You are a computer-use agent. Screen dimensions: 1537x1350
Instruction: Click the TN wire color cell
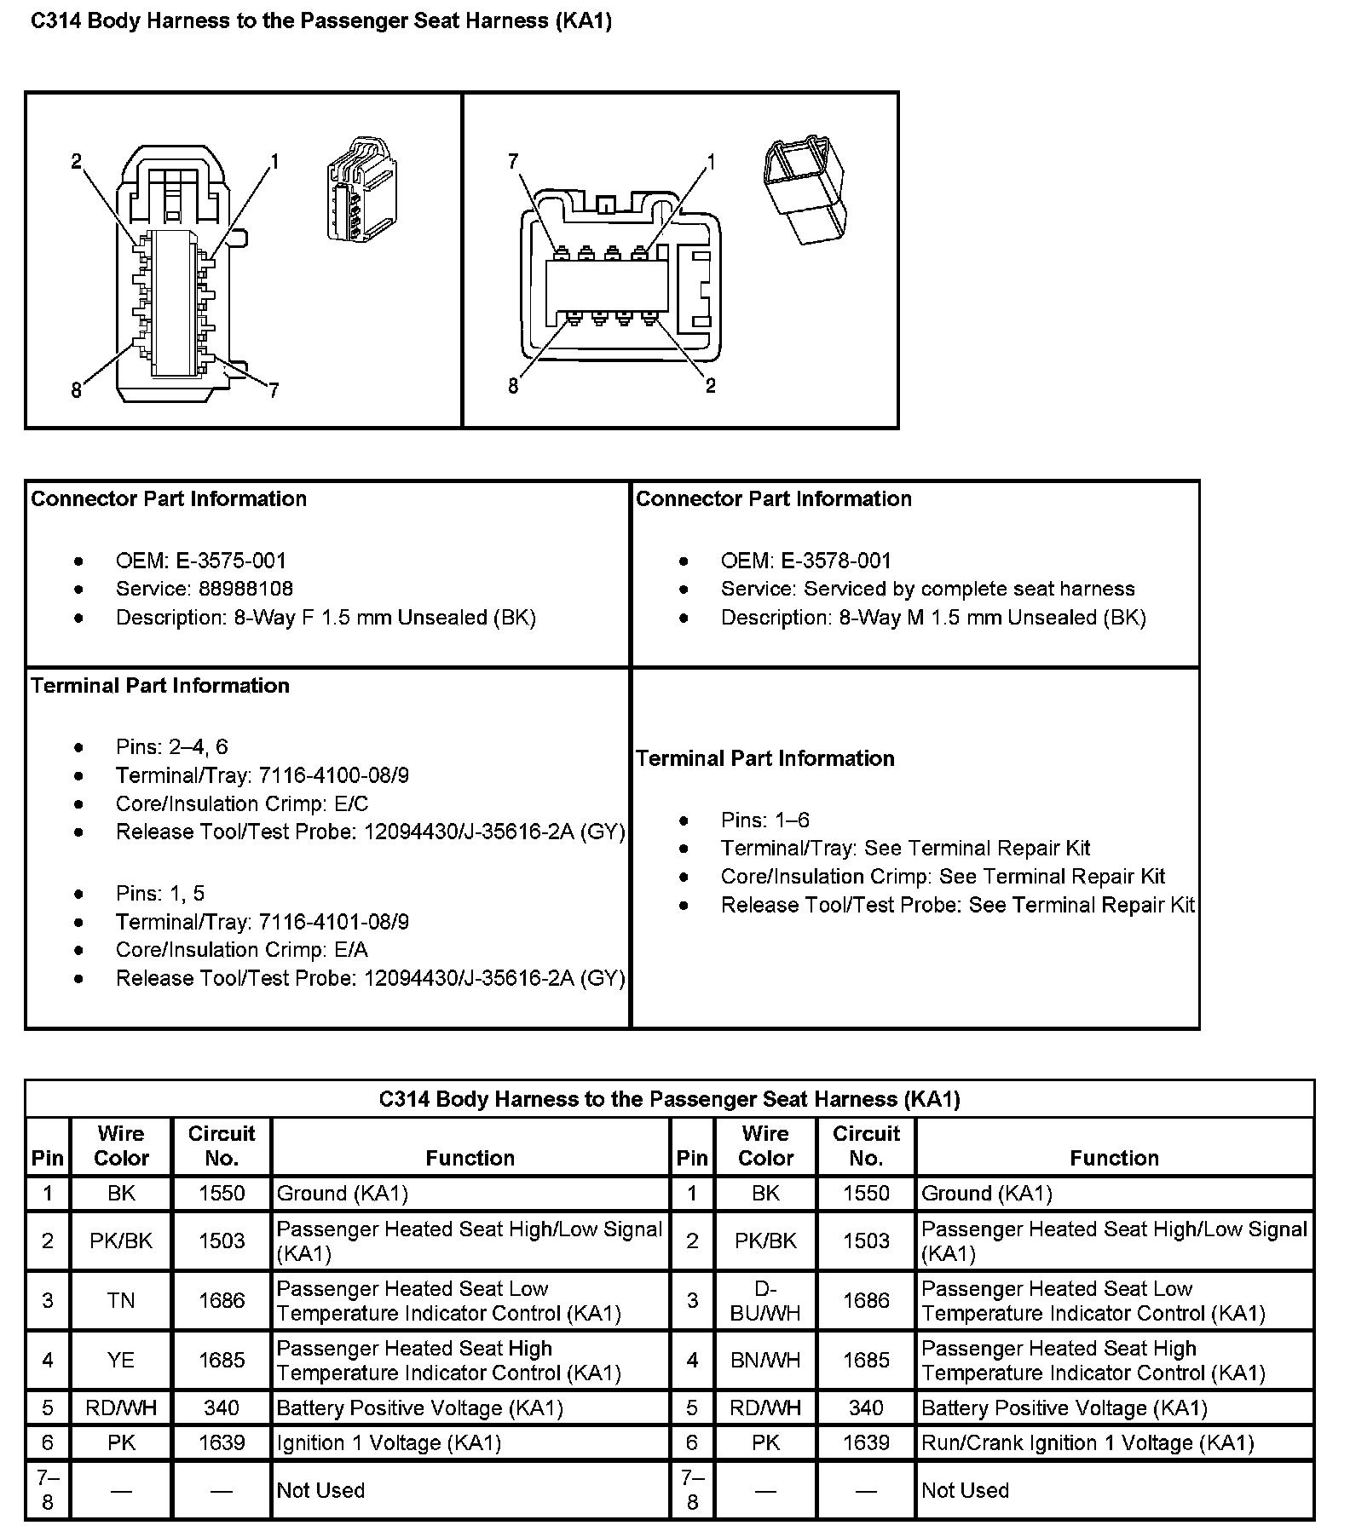tap(121, 1300)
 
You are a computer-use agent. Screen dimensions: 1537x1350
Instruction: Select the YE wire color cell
tap(121, 1361)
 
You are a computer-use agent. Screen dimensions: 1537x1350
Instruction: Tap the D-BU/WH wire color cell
tap(765, 1300)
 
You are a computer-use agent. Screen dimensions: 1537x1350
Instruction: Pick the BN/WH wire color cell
tap(765, 1361)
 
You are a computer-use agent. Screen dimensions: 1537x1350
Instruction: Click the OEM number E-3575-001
tap(231, 561)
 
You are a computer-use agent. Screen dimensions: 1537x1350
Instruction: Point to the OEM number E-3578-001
tap(835, 561)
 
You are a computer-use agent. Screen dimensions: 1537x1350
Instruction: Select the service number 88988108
tap(245, 589)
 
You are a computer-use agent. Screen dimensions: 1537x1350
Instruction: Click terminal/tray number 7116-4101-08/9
tap(333, 922)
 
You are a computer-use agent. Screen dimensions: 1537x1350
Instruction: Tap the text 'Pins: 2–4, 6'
tap(172, 747)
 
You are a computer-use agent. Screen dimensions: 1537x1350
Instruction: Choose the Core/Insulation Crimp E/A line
tap(242, 950)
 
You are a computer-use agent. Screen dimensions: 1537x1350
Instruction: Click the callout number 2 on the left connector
tap(76, 161)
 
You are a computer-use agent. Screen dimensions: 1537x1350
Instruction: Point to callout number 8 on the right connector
tap(513, 386)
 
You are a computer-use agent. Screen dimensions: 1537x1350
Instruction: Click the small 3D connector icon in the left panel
tap(362, 189)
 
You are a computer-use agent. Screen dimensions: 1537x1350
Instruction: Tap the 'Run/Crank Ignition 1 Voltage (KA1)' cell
tap(1087, 1442)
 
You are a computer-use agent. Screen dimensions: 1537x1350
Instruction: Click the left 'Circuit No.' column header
tap(222, 1146)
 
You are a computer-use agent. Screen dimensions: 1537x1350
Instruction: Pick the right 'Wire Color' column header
tap(765, 1146)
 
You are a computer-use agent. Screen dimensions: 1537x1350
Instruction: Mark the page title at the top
tap(321, 21)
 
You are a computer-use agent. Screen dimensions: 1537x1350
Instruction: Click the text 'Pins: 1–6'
tap(764, 820)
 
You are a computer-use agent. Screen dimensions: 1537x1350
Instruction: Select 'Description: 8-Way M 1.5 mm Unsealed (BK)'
tap(933, 618)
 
